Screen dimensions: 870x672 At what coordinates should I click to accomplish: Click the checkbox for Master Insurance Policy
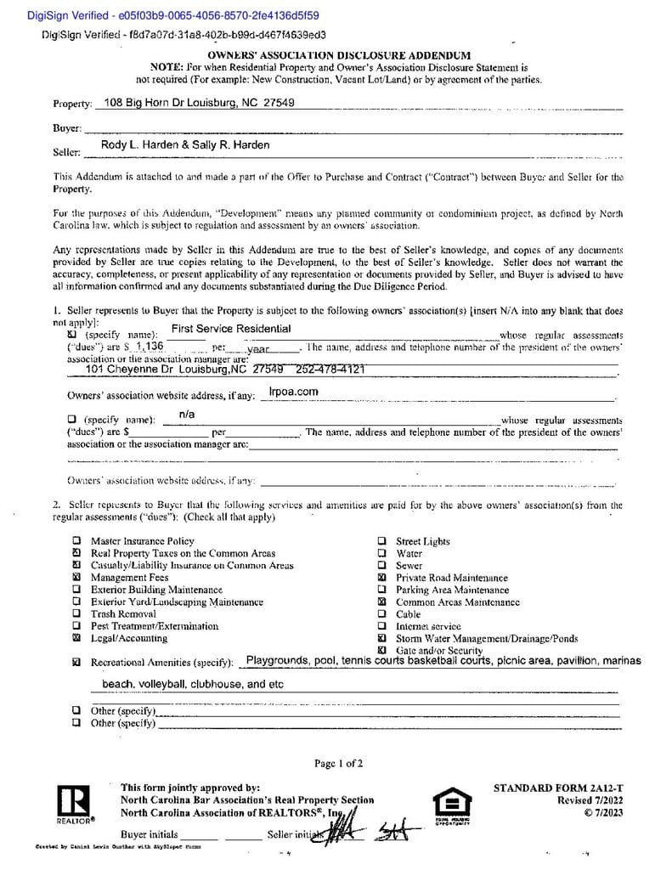[76, 540]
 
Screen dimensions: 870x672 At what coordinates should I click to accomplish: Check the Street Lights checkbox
[381, 541]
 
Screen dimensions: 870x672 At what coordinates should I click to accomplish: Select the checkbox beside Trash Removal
[76, 613]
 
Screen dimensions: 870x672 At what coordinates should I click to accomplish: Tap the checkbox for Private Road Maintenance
[381, 578]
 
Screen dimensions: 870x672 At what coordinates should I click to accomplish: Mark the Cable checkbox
[381, 614]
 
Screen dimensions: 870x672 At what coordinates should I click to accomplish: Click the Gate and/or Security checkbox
[381, 650]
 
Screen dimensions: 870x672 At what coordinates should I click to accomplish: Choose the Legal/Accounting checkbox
[76, 638]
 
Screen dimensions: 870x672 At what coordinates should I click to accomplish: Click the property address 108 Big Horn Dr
[198, 104]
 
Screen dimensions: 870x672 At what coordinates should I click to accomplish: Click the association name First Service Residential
[231, 329]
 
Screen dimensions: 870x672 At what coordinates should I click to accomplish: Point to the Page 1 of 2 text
[338, 764]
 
